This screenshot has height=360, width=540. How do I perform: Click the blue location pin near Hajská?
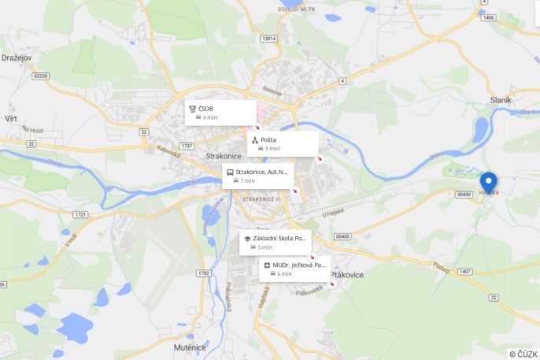(488, 182)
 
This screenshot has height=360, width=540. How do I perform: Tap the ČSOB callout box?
(220, 112)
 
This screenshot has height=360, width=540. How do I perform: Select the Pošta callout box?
(283, 143)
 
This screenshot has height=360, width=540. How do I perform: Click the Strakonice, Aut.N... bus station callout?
(258, 175)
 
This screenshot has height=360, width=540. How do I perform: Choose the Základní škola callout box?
(275, 242)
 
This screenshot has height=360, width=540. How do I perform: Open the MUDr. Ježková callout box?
(294, 269)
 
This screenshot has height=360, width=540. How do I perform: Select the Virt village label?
(11, 117)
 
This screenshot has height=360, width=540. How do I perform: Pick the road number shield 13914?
(269, 38)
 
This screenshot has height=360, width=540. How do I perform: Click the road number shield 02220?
(41, 76)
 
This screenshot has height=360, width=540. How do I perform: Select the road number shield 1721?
(80, 214)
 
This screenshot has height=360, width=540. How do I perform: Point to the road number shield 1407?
(465, 271)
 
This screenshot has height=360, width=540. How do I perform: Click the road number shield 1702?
(204, 273)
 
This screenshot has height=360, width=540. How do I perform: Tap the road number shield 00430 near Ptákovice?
(342, 236)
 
